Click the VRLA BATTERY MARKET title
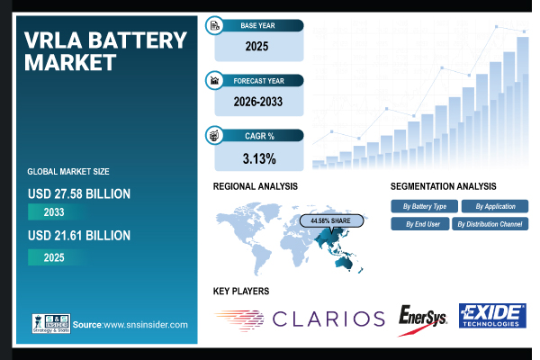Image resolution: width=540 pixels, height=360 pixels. [106, 50]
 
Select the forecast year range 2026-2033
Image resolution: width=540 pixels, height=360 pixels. [258, 101]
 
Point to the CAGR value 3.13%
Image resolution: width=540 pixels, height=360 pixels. [258, 158]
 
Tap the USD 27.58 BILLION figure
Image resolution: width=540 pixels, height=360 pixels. [79, 193]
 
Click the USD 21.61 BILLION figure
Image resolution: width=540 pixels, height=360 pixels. [79, 236]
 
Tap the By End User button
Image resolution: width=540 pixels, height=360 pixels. [418, 224]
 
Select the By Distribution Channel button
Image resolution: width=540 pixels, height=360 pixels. [491, 224]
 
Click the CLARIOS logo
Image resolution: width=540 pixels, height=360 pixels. [296, 319]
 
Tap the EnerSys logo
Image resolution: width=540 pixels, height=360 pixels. [422, 318]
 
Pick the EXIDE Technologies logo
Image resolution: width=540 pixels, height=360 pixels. [491, 317]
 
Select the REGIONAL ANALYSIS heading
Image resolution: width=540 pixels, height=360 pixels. [256, 186]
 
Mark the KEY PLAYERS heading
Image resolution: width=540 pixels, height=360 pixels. [241, 291]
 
